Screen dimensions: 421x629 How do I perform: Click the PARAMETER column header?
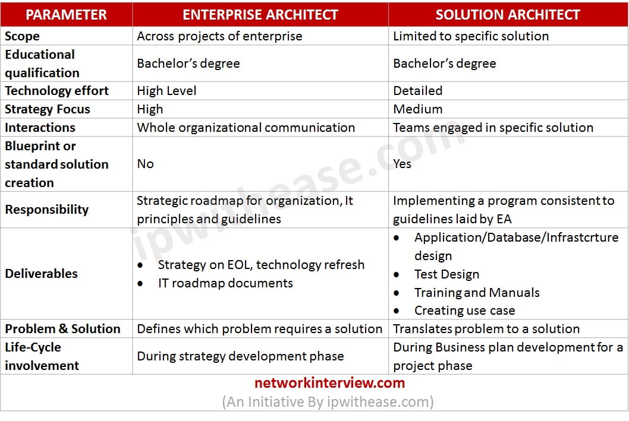point(66,14)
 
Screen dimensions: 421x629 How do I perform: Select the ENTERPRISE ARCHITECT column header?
point(260,14)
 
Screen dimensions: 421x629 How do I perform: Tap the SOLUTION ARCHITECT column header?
point(508,14)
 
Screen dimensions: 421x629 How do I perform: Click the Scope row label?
point(22,36)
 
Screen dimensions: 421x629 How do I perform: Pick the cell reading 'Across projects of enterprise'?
point(219,36)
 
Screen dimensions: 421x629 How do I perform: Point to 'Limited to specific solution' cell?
point(471,36)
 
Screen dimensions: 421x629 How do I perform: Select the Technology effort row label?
point(56,91)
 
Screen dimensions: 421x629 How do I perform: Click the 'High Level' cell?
point(166,91)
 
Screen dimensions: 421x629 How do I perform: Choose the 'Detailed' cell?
point(417,91)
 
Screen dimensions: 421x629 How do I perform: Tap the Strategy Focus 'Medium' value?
point(417,109)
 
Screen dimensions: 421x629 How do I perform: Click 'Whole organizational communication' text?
point(246,128)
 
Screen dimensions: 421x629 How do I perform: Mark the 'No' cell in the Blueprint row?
point(145,164)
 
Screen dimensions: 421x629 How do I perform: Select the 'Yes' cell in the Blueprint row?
point(402,164)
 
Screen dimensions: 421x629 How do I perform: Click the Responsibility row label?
point(46,210)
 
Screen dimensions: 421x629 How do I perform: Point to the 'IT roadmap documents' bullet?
point(225,283)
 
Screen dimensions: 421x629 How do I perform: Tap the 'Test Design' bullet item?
point(446,274)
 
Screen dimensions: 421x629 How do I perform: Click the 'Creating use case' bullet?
point(464,311)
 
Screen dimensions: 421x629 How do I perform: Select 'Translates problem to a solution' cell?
point(486,329)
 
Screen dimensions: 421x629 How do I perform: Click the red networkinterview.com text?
point(329,383)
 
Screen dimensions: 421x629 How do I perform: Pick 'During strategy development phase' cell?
point(240,356)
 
